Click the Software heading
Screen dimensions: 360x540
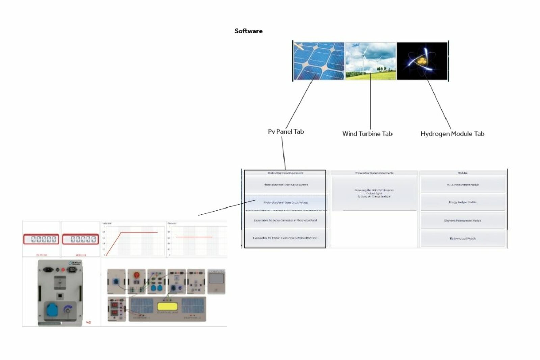tap(248, 31)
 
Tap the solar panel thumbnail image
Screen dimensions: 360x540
tap(319, 61)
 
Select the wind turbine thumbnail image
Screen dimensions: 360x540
tap(370, 61)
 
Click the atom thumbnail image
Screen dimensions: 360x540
tap(422, 61)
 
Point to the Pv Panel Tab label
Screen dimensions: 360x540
tap(286, 132)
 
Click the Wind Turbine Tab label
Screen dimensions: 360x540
tap(367, 134)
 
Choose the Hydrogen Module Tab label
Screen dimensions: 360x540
tap(452, 134)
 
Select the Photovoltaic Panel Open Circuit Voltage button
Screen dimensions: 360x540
tap(286, 203)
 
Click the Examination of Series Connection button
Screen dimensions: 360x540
tap(286, 220)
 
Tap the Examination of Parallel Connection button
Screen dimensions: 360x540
tap(286, 238)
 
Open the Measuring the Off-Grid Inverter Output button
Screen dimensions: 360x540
tap(374, 193)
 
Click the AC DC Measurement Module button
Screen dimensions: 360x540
tap(462, 185)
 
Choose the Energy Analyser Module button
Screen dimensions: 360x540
tap(462, 202)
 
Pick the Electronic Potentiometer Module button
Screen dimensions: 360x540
tap(462, 220)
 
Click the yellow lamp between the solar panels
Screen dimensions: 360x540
tap(167, 307)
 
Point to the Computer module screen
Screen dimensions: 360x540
tap(216, 279)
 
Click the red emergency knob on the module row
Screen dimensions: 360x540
tap(137, 275)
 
